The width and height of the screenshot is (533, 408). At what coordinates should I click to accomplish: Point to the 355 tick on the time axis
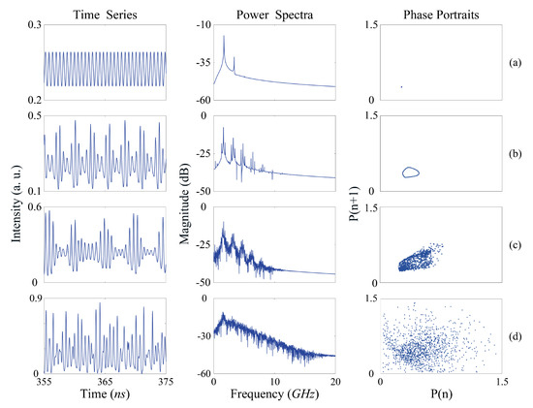[44, 384]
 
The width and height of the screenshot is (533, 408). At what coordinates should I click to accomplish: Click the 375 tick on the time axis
[166, 384]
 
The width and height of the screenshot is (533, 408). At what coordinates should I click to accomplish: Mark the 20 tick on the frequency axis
[335, 384]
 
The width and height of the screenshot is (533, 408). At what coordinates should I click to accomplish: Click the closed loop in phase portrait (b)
[411, 173]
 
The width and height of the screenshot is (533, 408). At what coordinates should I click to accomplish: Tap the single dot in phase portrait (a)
[400, 87]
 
